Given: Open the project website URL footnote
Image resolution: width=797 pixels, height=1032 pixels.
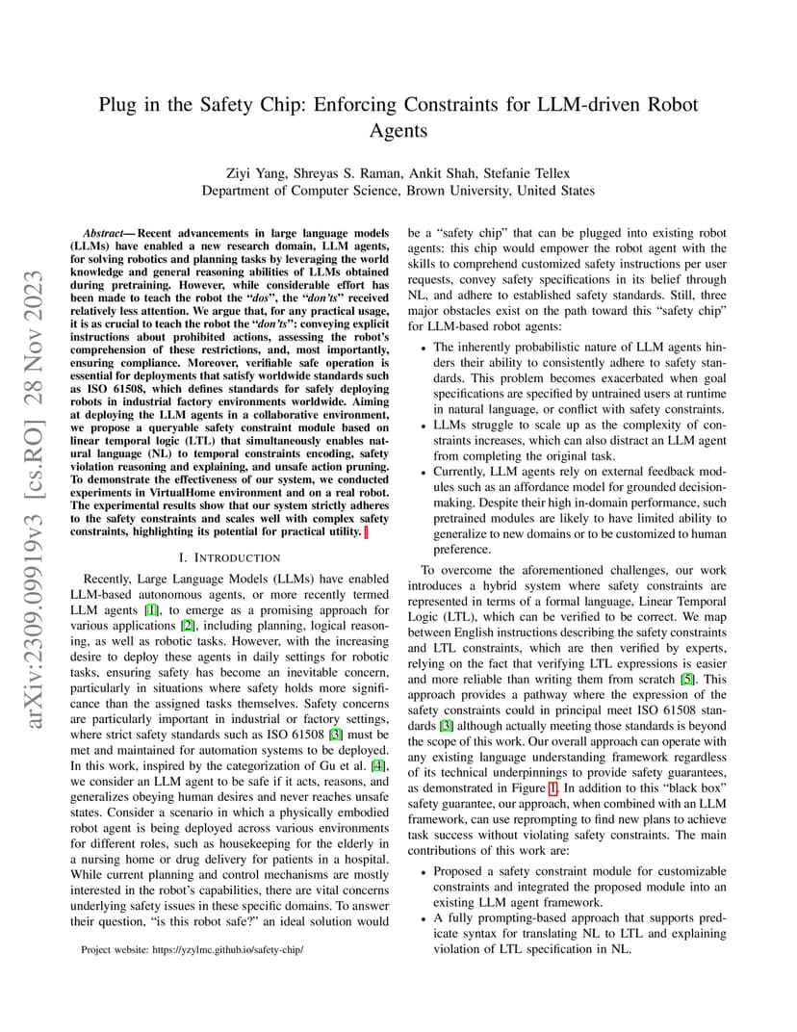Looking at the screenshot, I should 193,949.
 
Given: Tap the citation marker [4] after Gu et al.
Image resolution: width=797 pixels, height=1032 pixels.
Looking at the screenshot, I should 379,765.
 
